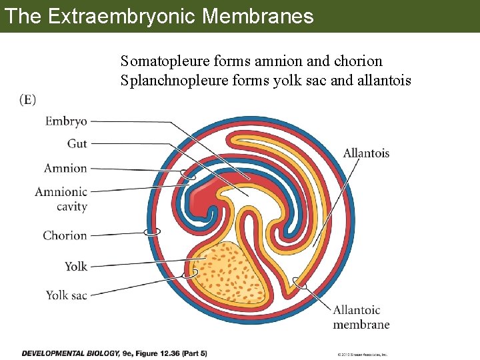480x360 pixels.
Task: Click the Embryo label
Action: (x=66, y=121)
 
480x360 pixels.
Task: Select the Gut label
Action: (x=77, y=143)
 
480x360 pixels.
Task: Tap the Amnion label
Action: (x=65, y=168)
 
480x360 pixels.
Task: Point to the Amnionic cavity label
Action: (x=61, y=199)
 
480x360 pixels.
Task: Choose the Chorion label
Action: (x=65, y=235)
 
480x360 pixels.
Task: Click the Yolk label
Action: (x=76, y=266)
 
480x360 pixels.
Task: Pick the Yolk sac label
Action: (x=66, y=295)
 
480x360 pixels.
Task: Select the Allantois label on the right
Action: (x=366, y=153)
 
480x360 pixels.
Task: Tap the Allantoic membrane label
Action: (x=361, y=317)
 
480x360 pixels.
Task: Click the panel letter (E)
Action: (x=28, y=100)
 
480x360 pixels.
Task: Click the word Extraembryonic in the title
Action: (x=121, y=16)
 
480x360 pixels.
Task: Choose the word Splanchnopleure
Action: (x=170, y=81)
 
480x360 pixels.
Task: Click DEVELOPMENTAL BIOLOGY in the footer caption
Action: (x=70, y=353)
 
